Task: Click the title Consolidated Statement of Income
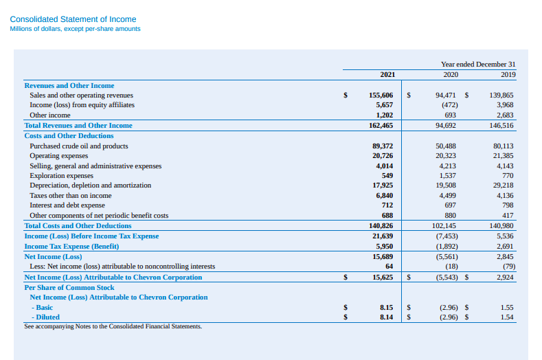(x=73, y=19)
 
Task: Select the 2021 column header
(x=386, y=74)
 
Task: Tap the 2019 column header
(x=508, y=74)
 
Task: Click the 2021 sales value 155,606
(x=381, y=95)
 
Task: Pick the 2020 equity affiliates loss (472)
(x=447, y=105)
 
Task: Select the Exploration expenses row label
(x=61, y=176)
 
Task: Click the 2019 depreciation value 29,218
(x=503, y=185)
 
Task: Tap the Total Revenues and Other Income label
(x=78, y=126)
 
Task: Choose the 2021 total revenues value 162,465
(x=381, y=126)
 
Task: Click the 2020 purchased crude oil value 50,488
(x=447, y=146)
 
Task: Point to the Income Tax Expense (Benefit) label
(x=71, y=246)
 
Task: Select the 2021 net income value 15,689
(x=382, y=256)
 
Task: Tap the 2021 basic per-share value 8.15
(x=386, y=307)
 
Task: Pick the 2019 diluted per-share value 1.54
(x=508, y=317)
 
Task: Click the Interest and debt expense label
(x=67, y=205)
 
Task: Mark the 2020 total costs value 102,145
(x=444, y=226)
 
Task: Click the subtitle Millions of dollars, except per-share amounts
(x=75, y=29)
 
